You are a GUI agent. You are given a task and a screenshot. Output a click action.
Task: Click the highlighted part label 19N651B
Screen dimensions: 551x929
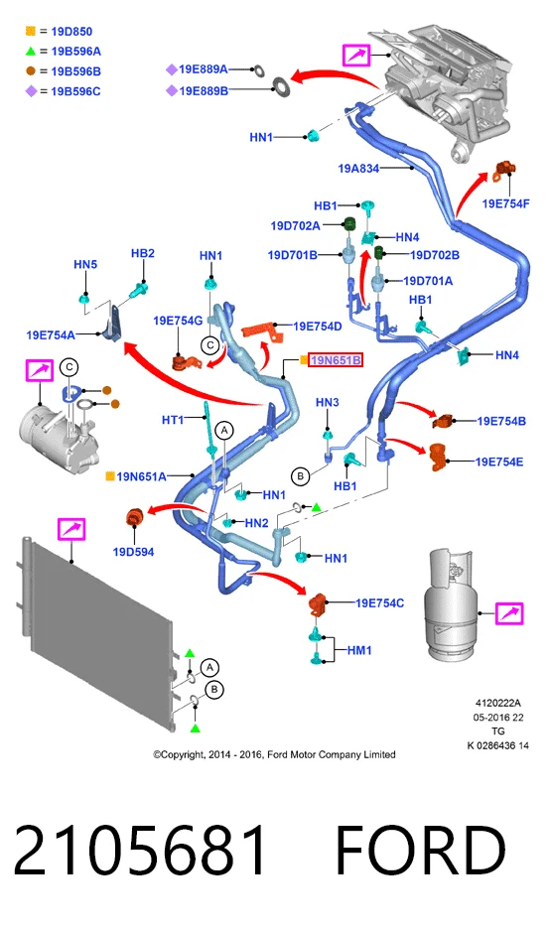coord(336,360)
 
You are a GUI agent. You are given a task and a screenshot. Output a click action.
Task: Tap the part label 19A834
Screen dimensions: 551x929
coord(358,169)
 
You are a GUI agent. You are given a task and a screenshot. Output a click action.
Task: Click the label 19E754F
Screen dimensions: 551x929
coord(505,203)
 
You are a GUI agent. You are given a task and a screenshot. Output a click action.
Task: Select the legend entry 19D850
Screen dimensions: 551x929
coord(71,32)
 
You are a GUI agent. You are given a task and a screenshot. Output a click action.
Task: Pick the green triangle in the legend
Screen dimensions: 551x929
coord(31,51)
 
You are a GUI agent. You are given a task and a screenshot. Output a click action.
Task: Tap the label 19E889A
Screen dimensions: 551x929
coord(204,69)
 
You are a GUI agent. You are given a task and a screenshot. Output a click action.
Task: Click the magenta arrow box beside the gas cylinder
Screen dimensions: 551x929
coord(509,613)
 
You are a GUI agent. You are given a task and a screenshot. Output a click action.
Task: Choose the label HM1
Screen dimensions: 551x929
coord(359,650)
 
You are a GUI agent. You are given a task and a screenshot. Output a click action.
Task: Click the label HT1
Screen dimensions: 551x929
coord(173,420)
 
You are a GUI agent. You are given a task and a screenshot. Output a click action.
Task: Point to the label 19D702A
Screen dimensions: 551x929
coord(295,225)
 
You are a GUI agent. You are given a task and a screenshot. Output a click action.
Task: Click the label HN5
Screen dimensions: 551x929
coord(85,264)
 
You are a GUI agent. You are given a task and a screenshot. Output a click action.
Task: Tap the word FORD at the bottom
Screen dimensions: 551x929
coord(421,851)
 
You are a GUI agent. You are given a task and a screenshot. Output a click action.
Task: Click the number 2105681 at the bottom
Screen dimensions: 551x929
coord(140,851)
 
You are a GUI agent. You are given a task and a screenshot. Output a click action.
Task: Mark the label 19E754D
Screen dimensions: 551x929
coord(318,327)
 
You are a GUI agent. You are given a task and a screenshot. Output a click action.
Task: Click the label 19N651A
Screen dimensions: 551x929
coord(141,476)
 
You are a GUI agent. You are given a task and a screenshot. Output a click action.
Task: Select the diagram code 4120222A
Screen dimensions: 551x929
coord(498,704)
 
